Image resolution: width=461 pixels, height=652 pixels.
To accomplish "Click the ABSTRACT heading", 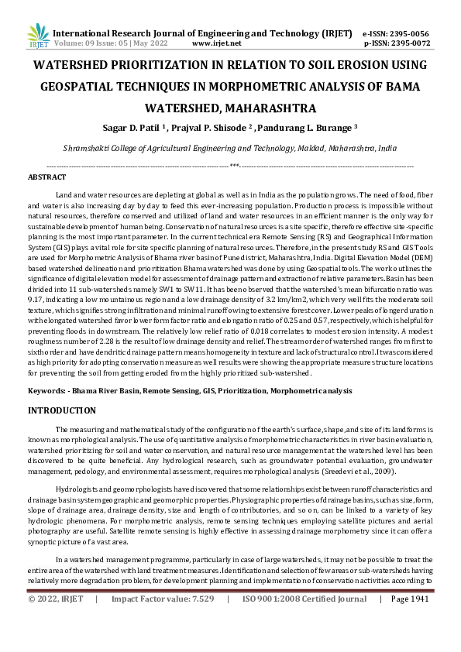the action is (46, 177).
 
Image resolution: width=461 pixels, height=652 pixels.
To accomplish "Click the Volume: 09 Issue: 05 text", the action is (85, 44).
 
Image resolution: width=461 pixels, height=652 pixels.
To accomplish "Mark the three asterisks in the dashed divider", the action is (234, 165).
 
